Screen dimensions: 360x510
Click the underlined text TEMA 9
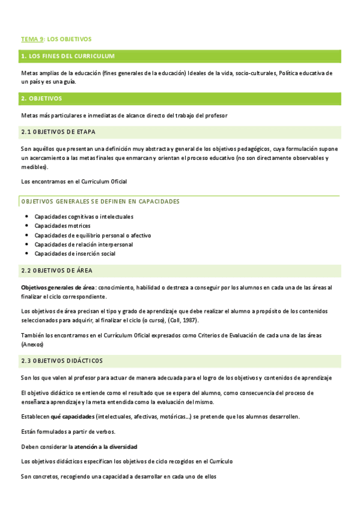tap(32, 39)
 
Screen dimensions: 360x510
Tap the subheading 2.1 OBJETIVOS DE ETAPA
tap(58, 132)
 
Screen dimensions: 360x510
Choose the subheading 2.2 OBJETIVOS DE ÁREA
tap(56, 271)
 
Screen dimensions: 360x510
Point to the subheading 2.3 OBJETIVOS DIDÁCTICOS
tap(62, 361)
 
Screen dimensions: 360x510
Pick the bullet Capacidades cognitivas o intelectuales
tap(84, 217)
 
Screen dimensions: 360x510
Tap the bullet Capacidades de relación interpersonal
tap(84, 244)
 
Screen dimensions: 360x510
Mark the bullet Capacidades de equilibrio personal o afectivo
tap(93, 235)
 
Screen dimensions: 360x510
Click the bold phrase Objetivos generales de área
tap(58, 287)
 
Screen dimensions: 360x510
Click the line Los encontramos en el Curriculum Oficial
tap(74, 181)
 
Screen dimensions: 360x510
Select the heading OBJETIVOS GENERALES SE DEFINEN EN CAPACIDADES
tap(100, 201)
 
